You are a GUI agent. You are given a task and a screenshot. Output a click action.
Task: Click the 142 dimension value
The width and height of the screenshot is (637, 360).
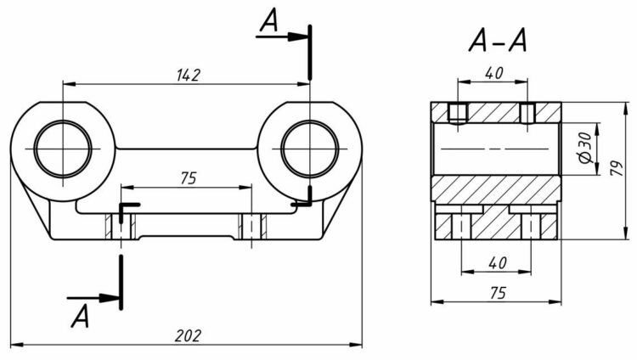(188, 76)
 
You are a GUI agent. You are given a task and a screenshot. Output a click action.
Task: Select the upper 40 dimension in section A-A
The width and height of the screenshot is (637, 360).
(493, 73)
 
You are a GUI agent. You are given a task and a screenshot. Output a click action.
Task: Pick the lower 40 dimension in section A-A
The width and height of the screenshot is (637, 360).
(496, 263)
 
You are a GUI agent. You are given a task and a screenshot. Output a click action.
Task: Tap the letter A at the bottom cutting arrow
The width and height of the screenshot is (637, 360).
(81, 316)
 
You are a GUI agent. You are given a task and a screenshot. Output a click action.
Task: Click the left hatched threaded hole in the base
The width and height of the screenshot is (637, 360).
(121, 226)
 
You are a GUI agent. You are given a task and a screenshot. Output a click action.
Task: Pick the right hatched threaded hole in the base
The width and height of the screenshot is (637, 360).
(251, 226)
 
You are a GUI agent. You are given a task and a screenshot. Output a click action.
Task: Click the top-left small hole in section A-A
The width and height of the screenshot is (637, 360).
(458, 112)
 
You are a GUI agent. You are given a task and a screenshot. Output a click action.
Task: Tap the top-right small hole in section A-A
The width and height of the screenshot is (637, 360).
(527, 112)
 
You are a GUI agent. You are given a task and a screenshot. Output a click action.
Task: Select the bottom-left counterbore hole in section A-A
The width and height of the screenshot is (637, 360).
(460, 225)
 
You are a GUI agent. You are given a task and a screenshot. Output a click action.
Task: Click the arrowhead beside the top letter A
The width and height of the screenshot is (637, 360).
(297, 37)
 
